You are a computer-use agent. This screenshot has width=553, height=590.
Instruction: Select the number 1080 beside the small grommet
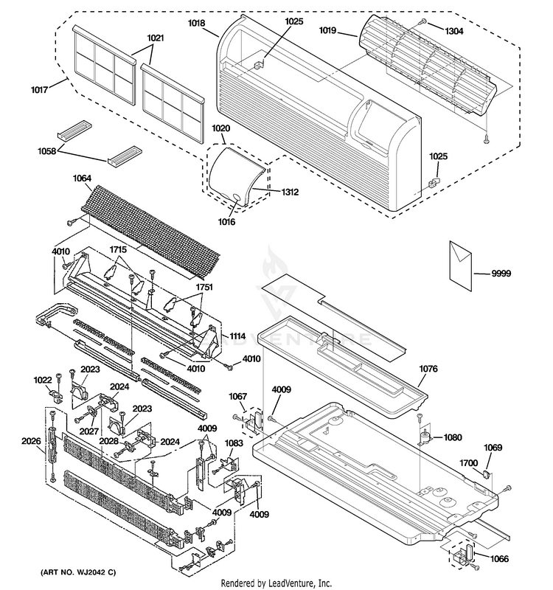point(453,437)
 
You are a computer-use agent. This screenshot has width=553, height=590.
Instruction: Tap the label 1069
point(493,448)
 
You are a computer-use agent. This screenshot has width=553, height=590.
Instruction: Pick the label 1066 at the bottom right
point(499,559)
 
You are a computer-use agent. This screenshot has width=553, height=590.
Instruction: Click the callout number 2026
point(32,442)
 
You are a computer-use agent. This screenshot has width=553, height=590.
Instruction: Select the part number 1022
point(43,381)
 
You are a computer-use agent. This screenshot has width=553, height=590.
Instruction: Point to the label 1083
point(234,443)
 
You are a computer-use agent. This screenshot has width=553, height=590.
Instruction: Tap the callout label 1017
point(40,90)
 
